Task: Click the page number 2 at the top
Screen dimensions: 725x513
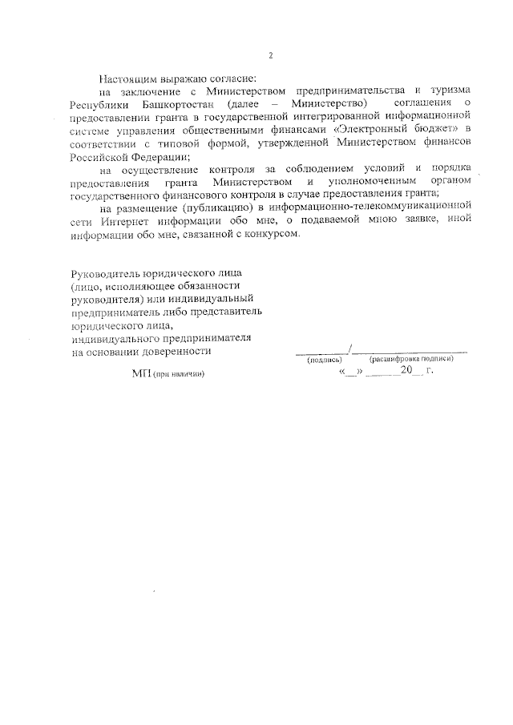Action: tap(271, 55)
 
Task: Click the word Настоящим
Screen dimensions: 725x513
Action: tap(126, 80)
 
